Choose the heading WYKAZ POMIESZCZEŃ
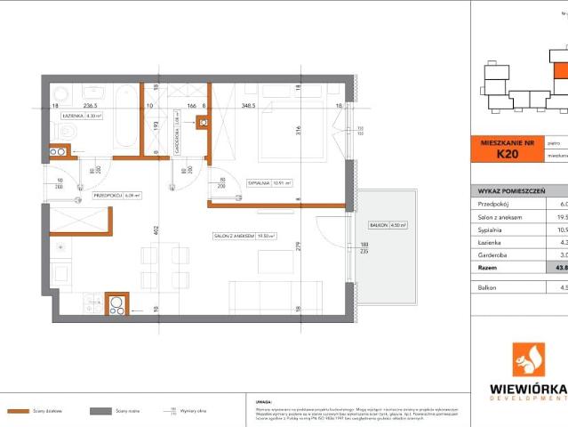coord(507,190)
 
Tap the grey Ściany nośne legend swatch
coord(100,411)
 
